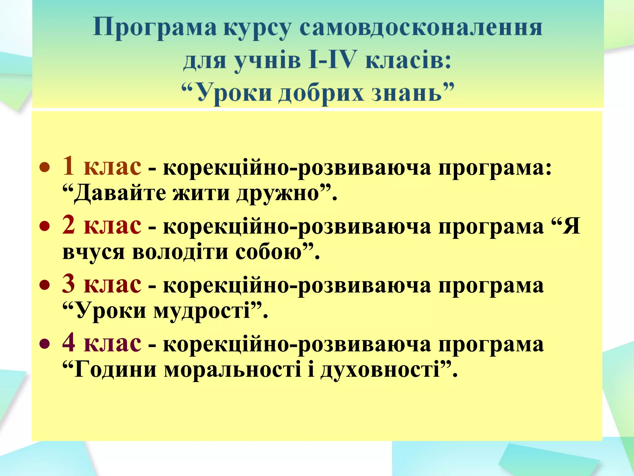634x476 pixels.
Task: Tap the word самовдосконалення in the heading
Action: (x=421, y=28)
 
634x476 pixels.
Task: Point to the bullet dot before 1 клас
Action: (x=45, y=168)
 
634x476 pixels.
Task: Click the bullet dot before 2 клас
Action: (x=45, y=227)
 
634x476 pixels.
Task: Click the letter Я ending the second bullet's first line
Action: (x=571, y=227)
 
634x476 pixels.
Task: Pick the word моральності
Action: (x=232, y=369)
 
